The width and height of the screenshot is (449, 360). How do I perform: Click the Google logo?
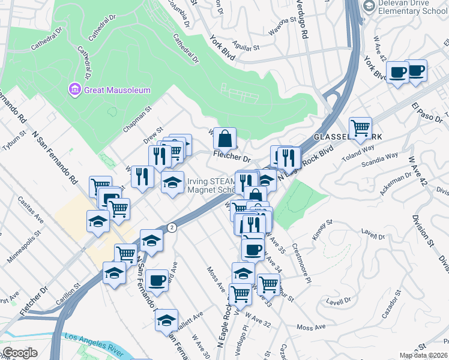click(20, 353)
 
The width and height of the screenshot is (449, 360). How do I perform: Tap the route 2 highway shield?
click(172, 227)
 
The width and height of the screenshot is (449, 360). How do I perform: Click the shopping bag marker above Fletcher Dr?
click(224, 139)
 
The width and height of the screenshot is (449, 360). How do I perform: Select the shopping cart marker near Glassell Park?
click(360, 128)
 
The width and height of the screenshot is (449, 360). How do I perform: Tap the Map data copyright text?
click(422, 355)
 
